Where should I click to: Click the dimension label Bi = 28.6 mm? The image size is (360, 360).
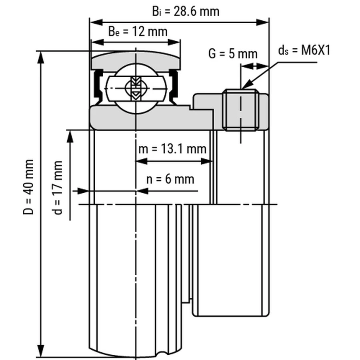point(186,12)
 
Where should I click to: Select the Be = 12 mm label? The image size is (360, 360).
point(138,32)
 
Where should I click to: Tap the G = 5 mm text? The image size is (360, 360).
point(233,54)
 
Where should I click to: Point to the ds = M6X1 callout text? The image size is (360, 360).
point(304,50)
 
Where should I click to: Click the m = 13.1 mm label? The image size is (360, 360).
point(172,149)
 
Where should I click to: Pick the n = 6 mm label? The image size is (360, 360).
point(170,179)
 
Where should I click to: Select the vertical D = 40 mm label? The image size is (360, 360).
point(28,187)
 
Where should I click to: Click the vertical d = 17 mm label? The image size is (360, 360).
point(57,187)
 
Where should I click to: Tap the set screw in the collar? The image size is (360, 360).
point(241,110)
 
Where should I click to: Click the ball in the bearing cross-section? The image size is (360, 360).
point(136,89)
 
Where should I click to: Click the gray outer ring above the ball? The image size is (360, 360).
point(136,60)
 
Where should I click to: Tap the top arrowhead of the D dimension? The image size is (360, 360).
point(41,58)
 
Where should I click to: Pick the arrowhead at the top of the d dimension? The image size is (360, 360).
point(70,137)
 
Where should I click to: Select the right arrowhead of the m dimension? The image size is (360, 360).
point(207,162)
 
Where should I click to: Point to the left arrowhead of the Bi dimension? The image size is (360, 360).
point(96,22)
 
